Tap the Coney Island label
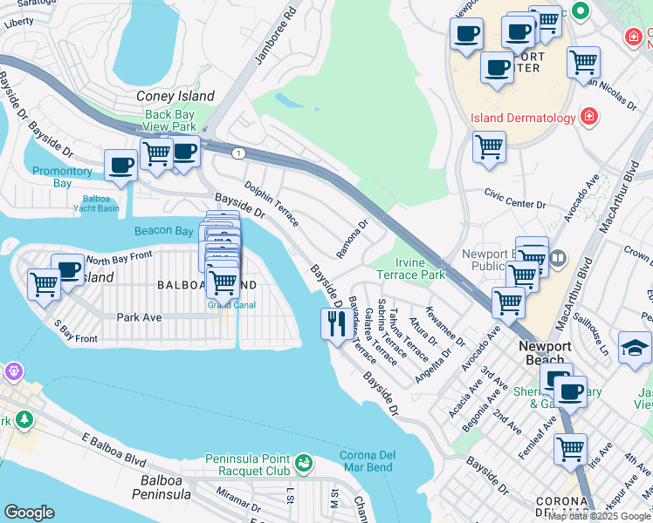click(x=175, y=97)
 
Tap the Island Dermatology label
click(x=522, y=118)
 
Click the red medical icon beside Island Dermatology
click(x=589, y=117)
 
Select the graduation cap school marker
click(x=634, y=348)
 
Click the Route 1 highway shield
click(x=237, y=153)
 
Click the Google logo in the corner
click(x=29, y=513)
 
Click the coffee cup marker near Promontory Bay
click(x=120, y=165)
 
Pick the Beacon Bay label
click(x=163, y=231)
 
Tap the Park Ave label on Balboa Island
click(x=139, y=317)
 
